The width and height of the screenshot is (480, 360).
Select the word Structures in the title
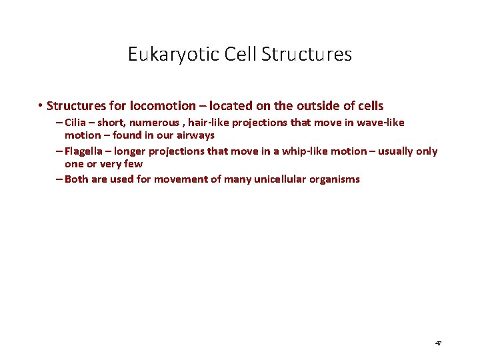[x=307, y=54]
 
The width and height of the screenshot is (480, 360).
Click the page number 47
[x=438, y=343]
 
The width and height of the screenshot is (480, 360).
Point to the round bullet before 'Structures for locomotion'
[x=41, y=105]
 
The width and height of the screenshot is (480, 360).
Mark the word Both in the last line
[x=77, y=179]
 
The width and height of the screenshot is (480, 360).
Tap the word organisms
[x=336, y=179]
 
